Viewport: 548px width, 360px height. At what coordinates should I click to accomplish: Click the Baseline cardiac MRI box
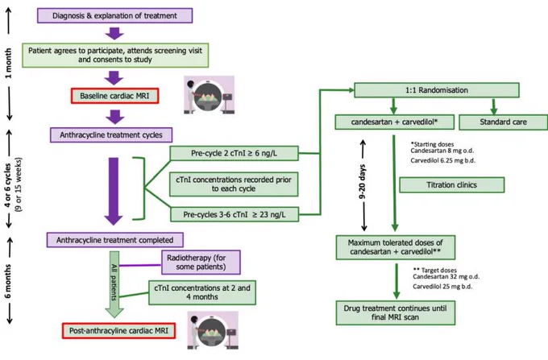coord(115,96)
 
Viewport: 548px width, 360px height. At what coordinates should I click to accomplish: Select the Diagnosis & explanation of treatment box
coord(114,15)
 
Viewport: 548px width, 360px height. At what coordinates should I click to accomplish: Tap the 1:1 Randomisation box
coord(437,90)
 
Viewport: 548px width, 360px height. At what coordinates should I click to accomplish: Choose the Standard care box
coord(503,122)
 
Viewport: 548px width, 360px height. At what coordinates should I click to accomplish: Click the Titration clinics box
coord(452,184)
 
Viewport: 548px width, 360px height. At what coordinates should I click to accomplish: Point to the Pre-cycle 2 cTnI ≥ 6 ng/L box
coord(235,153)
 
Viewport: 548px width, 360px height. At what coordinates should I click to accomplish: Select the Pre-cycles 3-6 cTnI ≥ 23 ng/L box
coord(235,214)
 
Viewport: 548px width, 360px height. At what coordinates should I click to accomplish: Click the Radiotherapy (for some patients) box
coord(201,263)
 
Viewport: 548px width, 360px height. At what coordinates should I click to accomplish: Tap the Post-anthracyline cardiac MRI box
coord(118,331)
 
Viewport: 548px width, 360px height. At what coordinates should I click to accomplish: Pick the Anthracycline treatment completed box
coord(115,240)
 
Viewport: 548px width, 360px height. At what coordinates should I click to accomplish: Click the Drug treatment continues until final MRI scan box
coord(396,312)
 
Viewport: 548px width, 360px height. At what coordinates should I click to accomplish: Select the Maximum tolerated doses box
coord(396,247)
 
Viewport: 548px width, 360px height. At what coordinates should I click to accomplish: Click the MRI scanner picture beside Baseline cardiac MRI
coord(209,95)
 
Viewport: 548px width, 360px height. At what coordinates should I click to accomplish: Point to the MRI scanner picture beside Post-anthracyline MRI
coord(213,330)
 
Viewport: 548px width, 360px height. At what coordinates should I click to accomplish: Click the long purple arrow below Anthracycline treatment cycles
coord(114,191)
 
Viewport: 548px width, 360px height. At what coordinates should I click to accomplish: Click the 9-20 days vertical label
coord(363,181)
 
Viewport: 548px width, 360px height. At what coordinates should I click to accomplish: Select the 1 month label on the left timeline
coord(8,63)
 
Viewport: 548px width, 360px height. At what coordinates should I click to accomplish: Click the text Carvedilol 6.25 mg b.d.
coord(442,160)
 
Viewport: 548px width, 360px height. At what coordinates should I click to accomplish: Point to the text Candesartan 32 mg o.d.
coord(446,276)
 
